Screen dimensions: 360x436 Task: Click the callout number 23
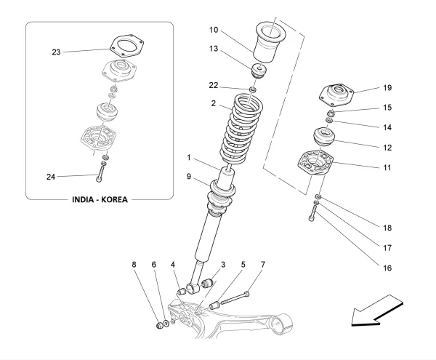(x=55, y=52)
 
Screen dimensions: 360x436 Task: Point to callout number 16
(x=386, y=268)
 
